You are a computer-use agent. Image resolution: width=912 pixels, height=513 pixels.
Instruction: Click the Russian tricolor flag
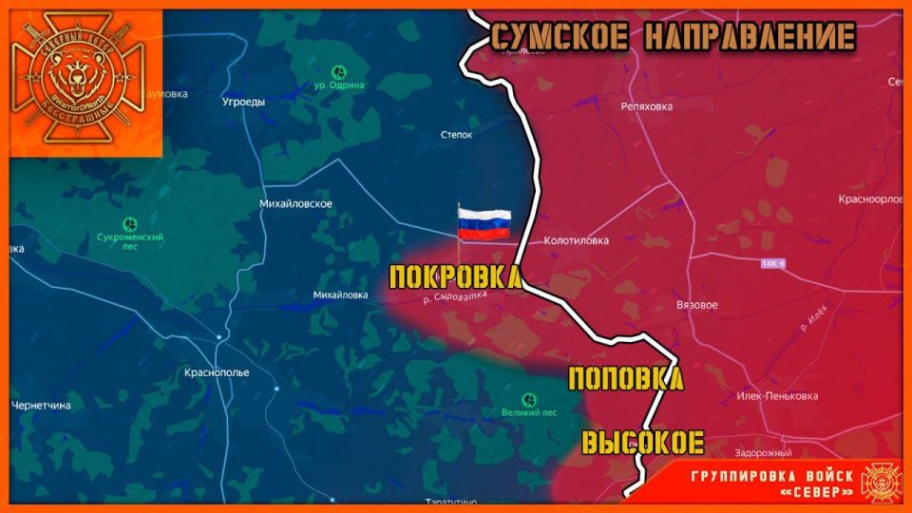click(484, 225)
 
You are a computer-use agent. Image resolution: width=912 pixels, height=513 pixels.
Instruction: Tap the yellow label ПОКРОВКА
click(455, 277)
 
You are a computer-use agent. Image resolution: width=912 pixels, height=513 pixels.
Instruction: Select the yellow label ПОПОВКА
click(625, 379)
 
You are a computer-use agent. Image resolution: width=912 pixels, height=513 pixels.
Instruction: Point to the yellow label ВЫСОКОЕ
click(642, 443)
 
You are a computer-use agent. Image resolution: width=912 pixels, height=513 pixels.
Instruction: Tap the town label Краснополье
click(217, 372)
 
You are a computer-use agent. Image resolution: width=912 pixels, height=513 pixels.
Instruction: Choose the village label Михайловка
click(340, 294)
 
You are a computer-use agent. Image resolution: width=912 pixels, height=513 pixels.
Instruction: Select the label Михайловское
click(295, 204)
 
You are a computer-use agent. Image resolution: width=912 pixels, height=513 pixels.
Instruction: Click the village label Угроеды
click(243, 102)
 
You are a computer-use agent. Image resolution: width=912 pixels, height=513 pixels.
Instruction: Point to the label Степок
click(457, 136)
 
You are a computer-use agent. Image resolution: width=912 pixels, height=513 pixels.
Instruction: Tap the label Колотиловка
click(576, 241)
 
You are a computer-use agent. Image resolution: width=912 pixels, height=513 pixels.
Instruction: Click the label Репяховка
click(646, 107)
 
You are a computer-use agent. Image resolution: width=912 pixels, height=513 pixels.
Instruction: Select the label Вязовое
click(696, 305)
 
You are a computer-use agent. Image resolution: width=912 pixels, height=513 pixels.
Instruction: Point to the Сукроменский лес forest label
click(131, 240)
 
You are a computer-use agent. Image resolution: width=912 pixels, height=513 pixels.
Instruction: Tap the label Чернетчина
click(41, 406)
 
